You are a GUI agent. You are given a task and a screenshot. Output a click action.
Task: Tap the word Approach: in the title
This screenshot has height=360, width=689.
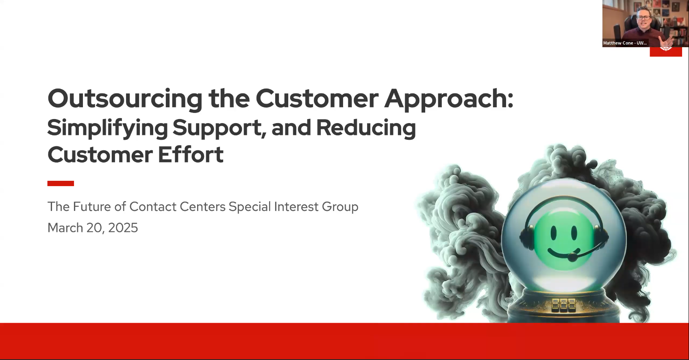coord(449,99)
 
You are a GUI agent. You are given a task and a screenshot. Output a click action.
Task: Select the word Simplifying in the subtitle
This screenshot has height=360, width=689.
coord(107,128)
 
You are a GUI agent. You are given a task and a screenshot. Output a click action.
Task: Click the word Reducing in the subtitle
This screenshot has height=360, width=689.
coord(366,128)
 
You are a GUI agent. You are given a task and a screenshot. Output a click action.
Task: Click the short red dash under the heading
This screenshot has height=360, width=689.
coord(61,184)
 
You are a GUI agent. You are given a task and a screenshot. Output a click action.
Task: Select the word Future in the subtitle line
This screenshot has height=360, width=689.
coord(92,207)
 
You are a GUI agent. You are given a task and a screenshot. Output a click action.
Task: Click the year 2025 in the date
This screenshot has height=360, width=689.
coord(123,228)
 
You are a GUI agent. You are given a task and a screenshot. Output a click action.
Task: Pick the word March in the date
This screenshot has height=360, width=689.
coord(65,228)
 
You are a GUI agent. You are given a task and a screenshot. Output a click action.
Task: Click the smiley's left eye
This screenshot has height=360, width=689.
coord(553,233)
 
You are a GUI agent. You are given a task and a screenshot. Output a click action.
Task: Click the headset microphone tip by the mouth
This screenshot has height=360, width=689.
coord(572,257)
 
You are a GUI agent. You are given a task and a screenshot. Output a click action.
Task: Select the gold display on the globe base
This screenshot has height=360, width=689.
coord(563,304)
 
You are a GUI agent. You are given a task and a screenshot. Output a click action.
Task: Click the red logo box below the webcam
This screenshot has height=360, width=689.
coord(665,52)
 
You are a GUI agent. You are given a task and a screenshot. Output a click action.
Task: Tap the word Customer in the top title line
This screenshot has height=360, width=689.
coord(317,99)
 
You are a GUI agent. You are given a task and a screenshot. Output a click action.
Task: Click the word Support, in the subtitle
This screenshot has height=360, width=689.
coord(219,128)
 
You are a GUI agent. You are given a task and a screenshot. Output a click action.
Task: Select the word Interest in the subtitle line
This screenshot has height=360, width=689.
coord(296,207)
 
